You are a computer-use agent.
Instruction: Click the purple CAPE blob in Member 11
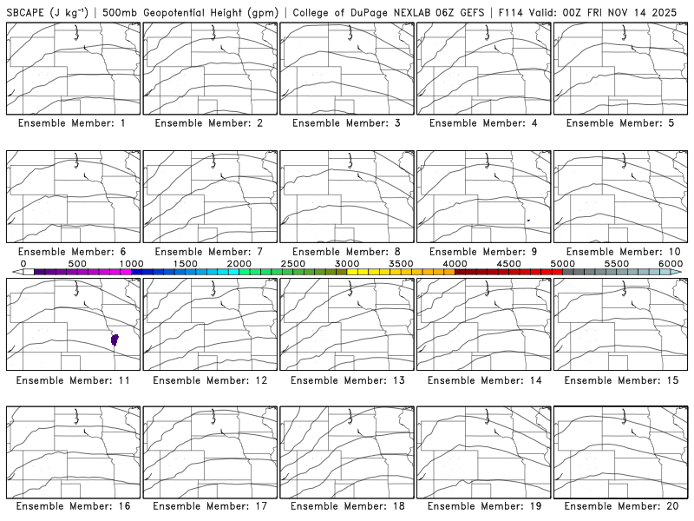pyautogui.click(x=115, y=340)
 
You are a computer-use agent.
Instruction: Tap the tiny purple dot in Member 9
pyautogui.click(x=528, y=221)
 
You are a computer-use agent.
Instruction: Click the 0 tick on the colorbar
pyautogui.click(x=23, y=263)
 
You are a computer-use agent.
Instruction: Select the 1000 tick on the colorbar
pyautogui.click(x=131, y=263)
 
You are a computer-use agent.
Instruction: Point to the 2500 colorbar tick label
pyautogui.click(x=293, y=263)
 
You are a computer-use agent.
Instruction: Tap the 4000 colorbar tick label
pyautogui.click(x=455, y=263)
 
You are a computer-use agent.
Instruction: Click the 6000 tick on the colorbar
pyautogui.click(x=671, y=263)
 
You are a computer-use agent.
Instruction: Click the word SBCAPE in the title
pyautogui.click(x=25, y=13)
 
